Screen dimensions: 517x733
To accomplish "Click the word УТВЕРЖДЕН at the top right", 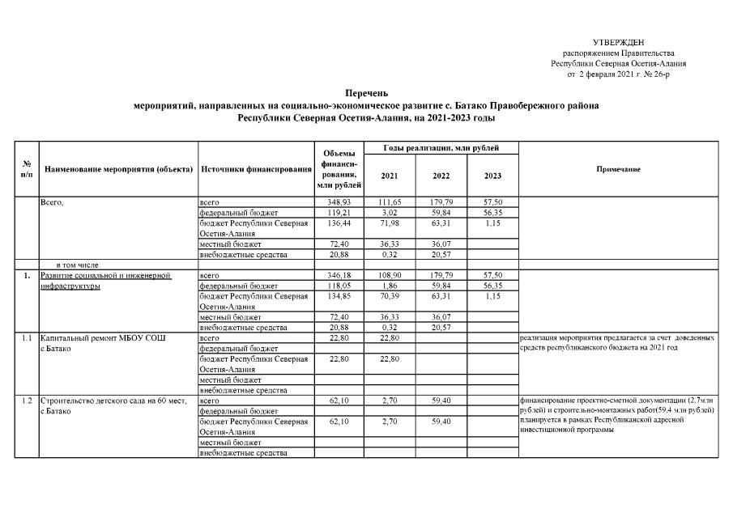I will click(619, 41).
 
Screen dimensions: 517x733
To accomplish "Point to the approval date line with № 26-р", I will click(619, 74).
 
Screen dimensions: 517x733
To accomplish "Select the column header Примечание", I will click(618, 169).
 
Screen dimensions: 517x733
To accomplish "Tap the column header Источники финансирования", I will click(256, 169).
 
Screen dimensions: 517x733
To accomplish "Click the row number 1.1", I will click(26, 337).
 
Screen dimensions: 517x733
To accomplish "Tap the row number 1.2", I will click(26, 401).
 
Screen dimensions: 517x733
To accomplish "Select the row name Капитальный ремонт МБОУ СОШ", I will click(101, 337).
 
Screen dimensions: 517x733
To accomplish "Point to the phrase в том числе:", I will click(78, 265).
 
